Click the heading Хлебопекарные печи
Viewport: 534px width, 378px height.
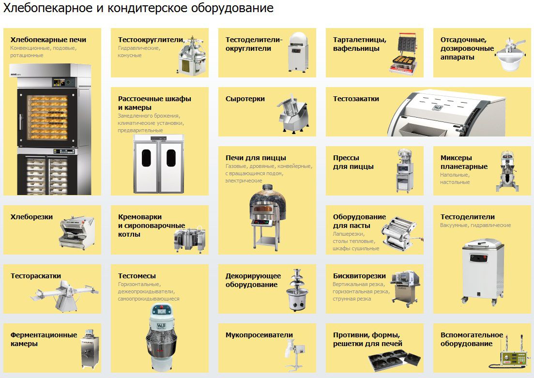point(48,40)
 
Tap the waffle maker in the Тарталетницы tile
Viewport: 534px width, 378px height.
point(403,53)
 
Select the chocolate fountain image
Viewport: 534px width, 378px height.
point(297,290)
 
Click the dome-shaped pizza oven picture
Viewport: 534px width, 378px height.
point(267,216)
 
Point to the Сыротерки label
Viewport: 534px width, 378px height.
point(245,99)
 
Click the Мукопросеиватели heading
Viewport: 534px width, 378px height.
point(259,335)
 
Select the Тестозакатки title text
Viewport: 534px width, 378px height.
point(356,99)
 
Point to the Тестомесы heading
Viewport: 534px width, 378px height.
point(137,276)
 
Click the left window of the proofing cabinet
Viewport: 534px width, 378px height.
point(146,158)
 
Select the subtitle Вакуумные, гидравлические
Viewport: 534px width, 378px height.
point(475,225)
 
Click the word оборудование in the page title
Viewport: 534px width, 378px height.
point(232,8)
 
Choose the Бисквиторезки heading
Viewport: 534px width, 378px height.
point(359,276)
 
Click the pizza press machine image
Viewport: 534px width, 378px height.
point(405,170)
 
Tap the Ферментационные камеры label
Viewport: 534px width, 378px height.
point(44,339)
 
